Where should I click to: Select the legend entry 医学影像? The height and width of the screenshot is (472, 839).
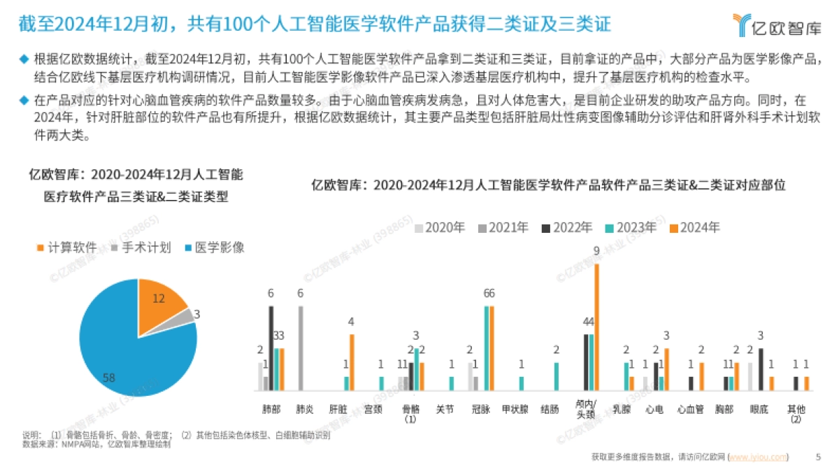[x=213, y=248]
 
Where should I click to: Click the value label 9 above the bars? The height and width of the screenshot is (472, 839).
[x=596, y=250]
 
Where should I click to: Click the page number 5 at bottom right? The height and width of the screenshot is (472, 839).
[x=818, y=457]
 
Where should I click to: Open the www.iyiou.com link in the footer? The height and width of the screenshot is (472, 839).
[x=759, y=457]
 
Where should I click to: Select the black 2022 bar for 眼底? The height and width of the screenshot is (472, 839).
[x=761, y=369]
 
